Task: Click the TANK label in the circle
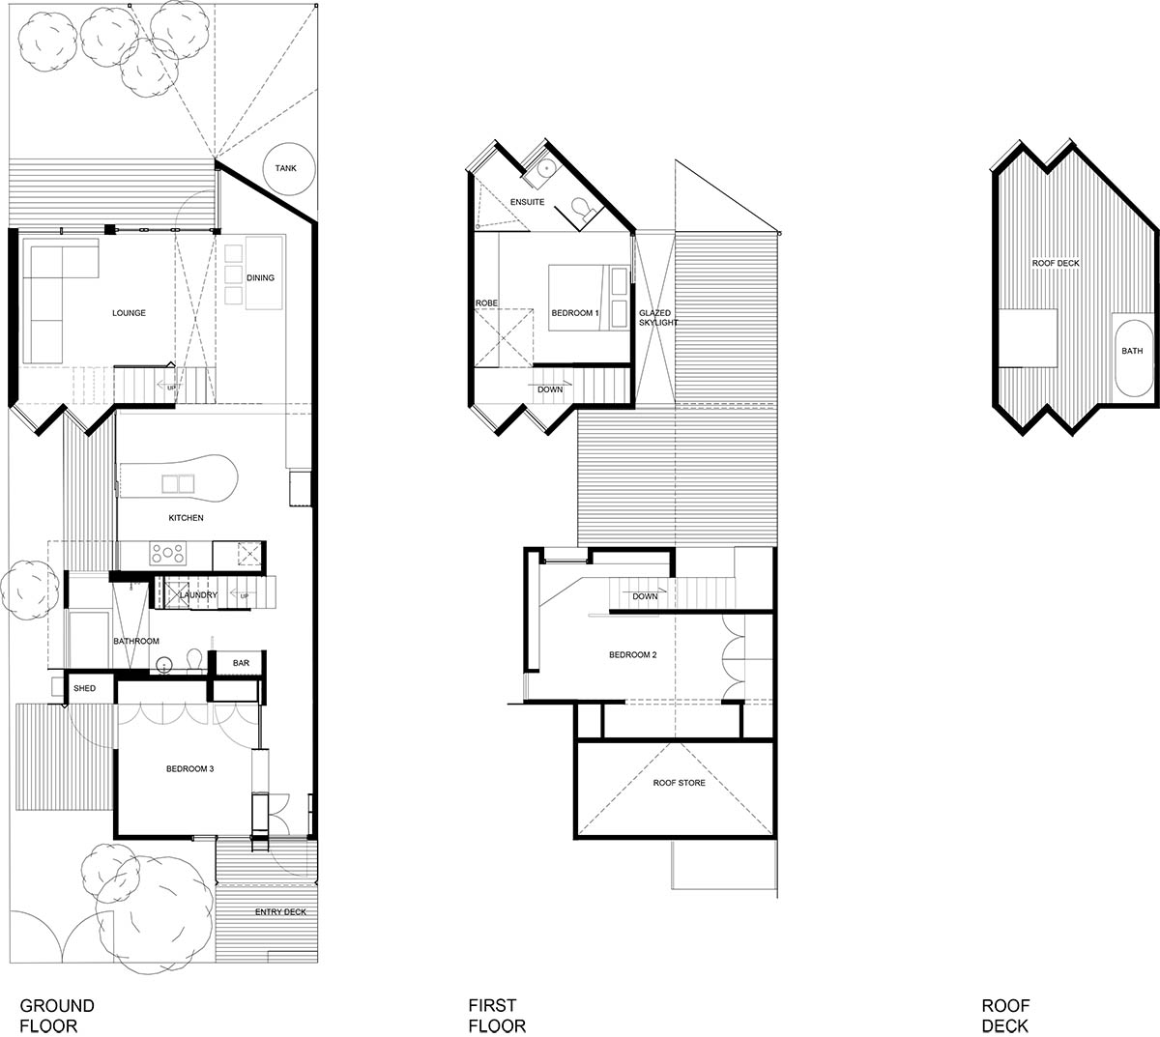286,168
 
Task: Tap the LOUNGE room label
129,313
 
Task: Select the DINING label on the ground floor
260,277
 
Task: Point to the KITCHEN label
186,518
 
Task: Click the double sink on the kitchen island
178,484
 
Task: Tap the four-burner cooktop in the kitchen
168,553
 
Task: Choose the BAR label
241,663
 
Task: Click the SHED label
85,688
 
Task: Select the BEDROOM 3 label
190,768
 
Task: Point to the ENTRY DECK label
280,911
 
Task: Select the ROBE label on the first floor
486,302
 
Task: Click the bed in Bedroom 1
589,298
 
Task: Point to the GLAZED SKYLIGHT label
658,318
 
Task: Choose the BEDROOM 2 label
632,654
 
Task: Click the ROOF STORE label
679,783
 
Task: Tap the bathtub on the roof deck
1133,359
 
